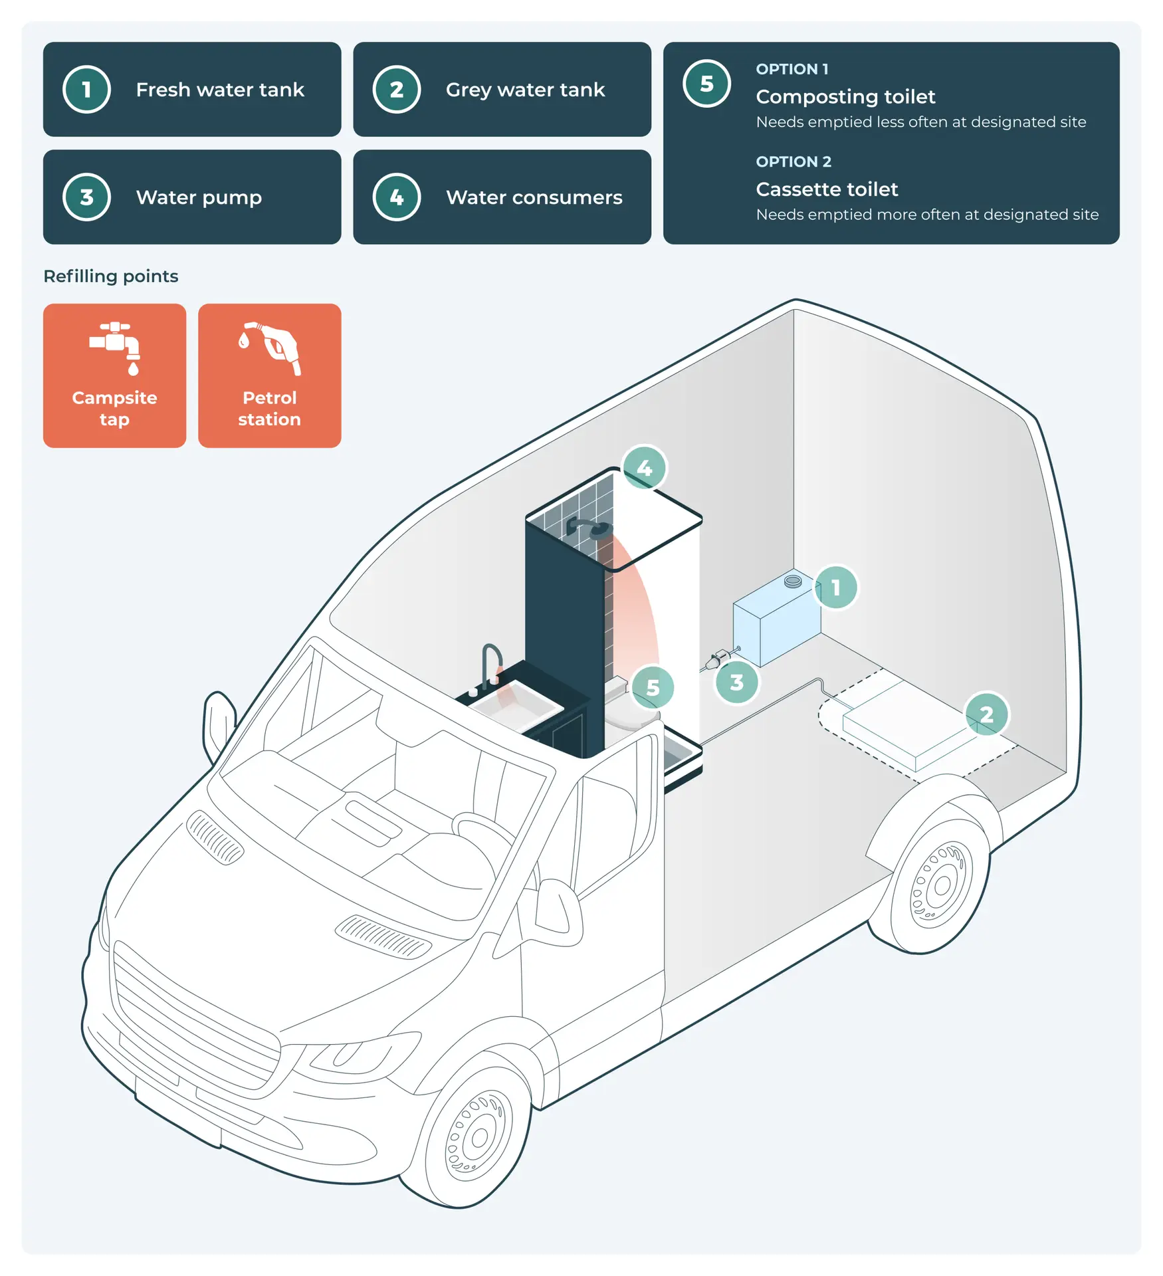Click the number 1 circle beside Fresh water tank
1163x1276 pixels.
tap(86, 90)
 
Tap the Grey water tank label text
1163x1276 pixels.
tap(525, 90)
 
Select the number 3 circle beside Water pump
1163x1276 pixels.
tap(86, 197)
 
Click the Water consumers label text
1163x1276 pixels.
tap(534, 197)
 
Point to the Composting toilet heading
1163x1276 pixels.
tap(845, 97)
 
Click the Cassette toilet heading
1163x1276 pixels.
tap(827, 189)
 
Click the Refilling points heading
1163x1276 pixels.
tap(111, 276)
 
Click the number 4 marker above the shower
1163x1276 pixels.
tap(644, 468)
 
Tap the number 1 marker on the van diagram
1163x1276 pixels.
tap(835, 587)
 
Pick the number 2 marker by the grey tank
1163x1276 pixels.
tap(986, 714)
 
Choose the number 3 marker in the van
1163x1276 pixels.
tap(736, 683)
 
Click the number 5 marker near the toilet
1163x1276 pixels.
tap(653, 688)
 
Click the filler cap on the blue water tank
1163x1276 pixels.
tap(793, 582)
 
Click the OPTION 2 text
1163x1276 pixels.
tap(793, 162)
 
